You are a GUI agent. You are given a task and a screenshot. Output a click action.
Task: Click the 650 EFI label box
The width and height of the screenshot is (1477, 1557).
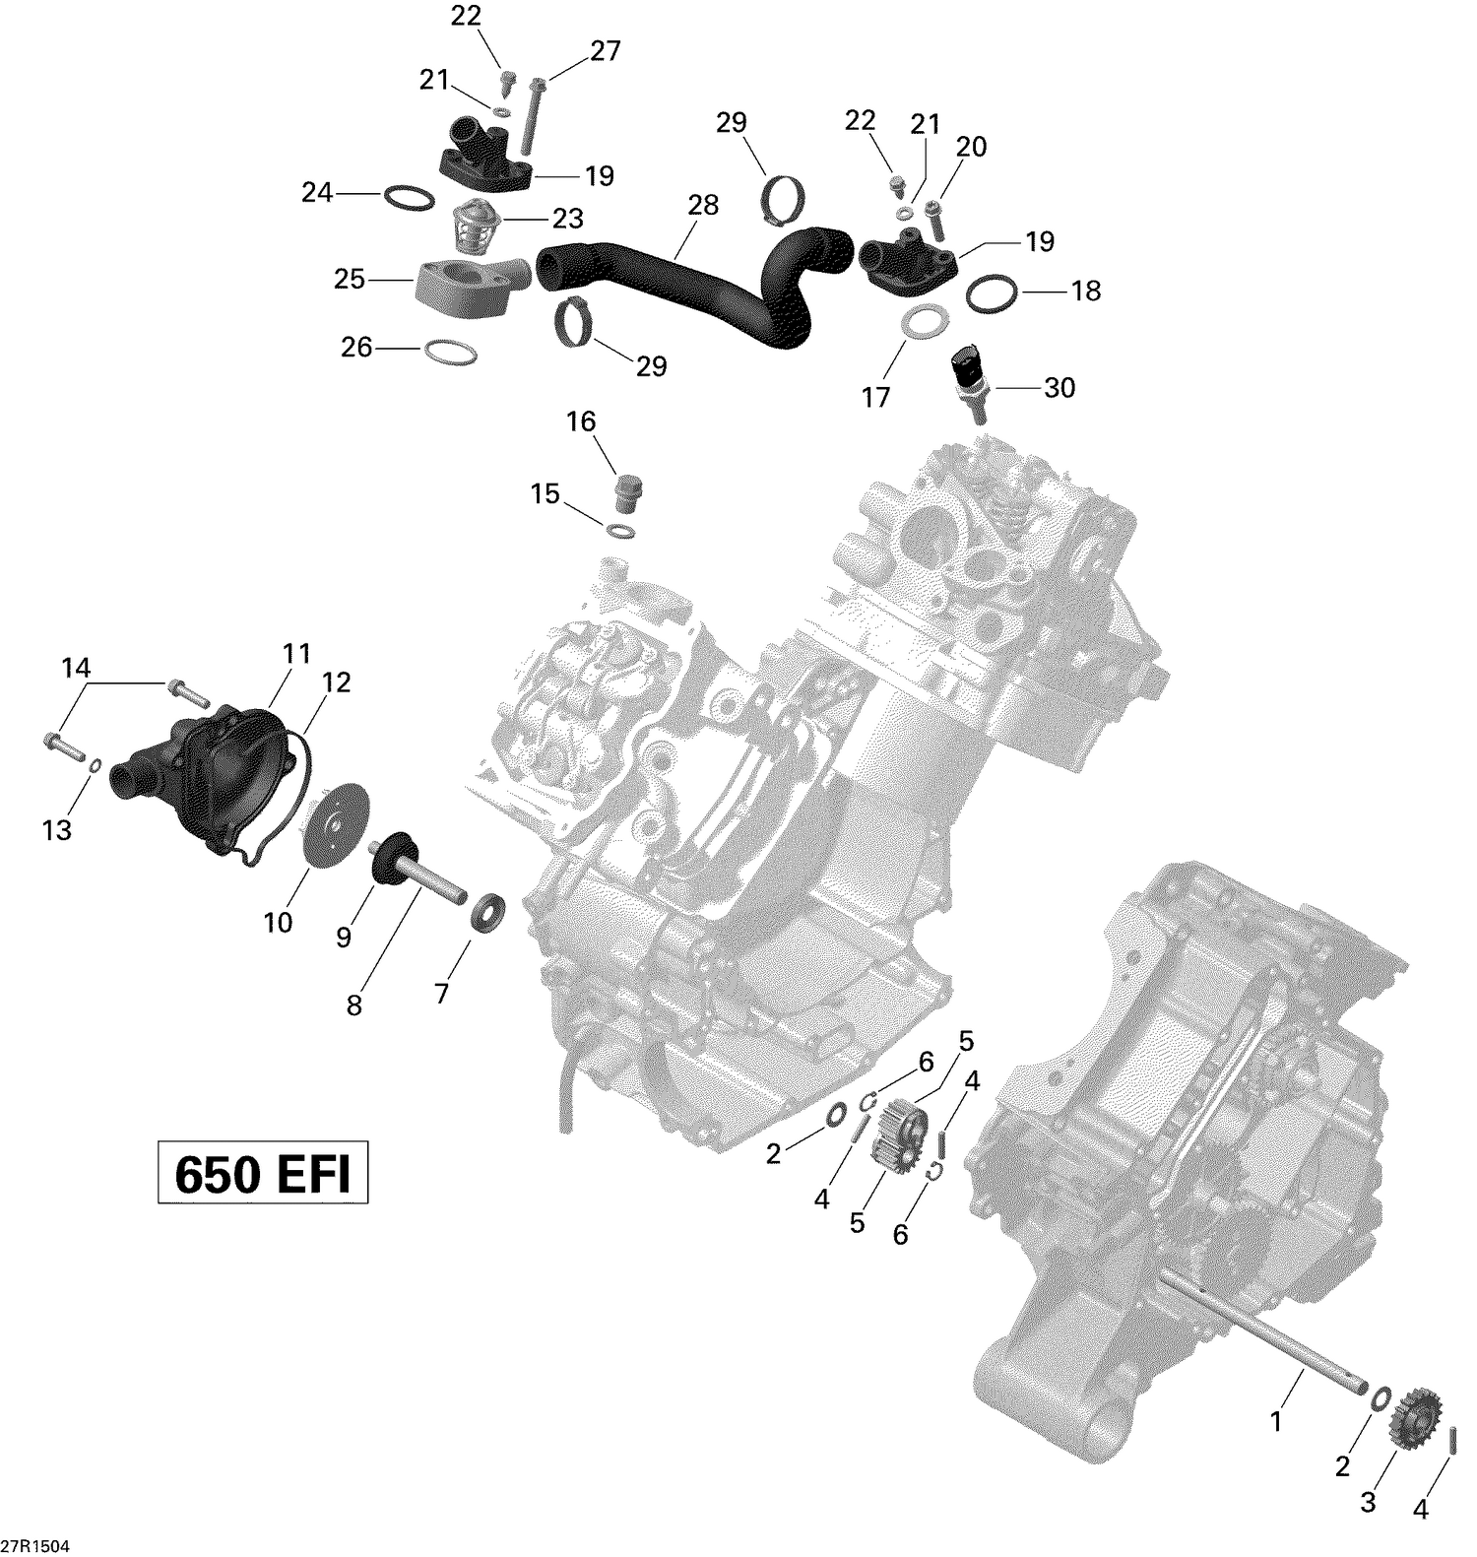tap(263, 1173)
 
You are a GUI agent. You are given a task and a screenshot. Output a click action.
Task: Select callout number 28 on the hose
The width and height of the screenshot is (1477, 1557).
tap(703, 205)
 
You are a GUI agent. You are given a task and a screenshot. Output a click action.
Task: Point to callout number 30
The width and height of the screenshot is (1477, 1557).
tap(1060, 388)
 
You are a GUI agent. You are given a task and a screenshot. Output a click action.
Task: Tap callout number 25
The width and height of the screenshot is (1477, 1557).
tap(350, 280)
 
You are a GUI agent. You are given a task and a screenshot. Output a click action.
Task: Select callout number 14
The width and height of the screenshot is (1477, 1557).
tap(76, 669)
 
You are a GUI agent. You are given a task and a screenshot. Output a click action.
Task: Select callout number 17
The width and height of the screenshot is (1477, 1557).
tap(876, 397)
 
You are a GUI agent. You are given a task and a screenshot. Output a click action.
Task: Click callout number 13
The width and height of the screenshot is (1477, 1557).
tap(57, 830)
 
